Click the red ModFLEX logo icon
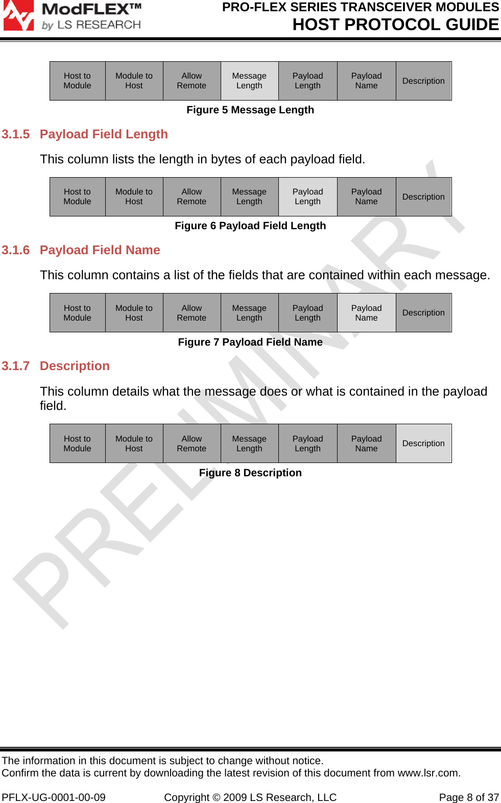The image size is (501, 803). (x=18, y=15)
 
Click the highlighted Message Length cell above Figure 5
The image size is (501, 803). (x=249, y=81)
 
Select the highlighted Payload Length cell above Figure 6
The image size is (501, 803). (x=307, y=197)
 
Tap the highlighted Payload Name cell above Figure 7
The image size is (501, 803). (x=366, y=312)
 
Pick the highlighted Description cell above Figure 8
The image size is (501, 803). (x=423, y=443)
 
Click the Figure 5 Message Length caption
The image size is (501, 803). (x=250, y=110)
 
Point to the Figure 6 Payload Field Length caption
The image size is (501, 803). (x=250, y=226)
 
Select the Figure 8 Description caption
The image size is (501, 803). (x=250, y=473)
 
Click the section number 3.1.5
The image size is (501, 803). (x=16, y=134)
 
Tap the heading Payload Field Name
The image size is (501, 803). (x=100, y=250)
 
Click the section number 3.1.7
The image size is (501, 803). (x=16, y=366)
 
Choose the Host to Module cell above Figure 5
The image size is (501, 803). (x=77, y=81)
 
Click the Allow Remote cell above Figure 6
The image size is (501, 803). (x=192, y=197)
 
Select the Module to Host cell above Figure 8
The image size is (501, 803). (x=134, y=443)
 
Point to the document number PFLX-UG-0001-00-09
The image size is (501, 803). (x=54, y=797)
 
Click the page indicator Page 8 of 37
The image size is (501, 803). (x=469, y=797)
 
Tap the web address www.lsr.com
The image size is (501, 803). (x=428, y=773)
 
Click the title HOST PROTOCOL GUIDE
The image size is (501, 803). (x=395, y=25)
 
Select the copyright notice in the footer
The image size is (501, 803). (x=250, y=797)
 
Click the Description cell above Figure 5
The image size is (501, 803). (x=423, y=81)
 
